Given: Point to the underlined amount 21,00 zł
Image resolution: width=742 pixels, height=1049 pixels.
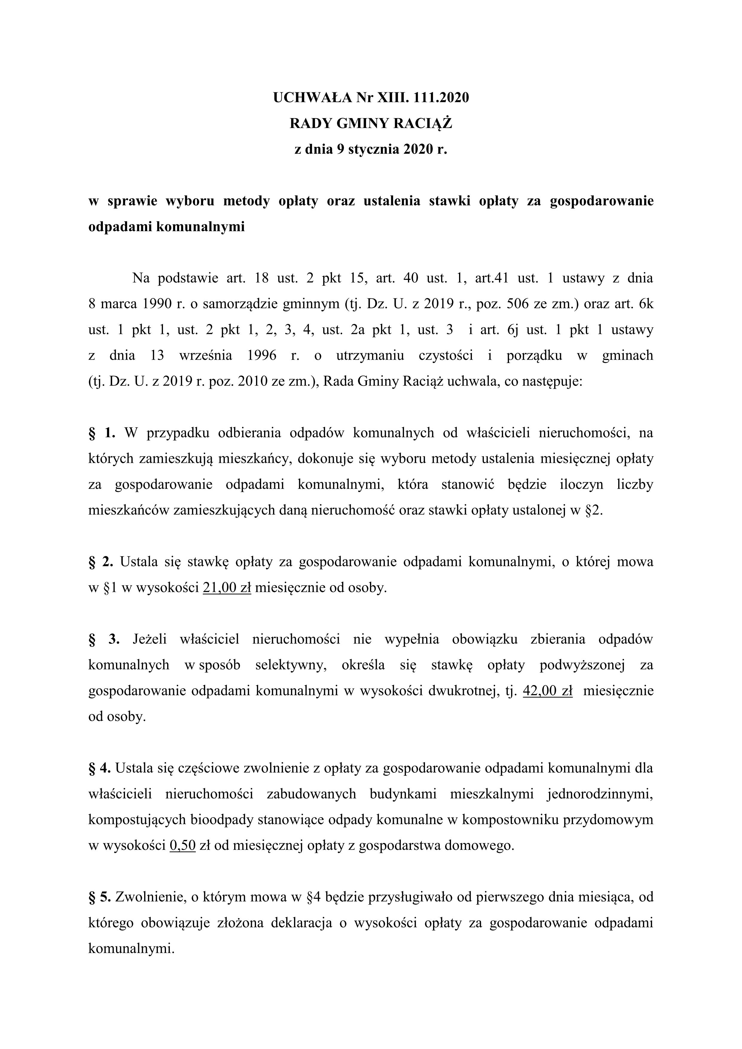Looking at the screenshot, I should [x=227, y=588].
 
